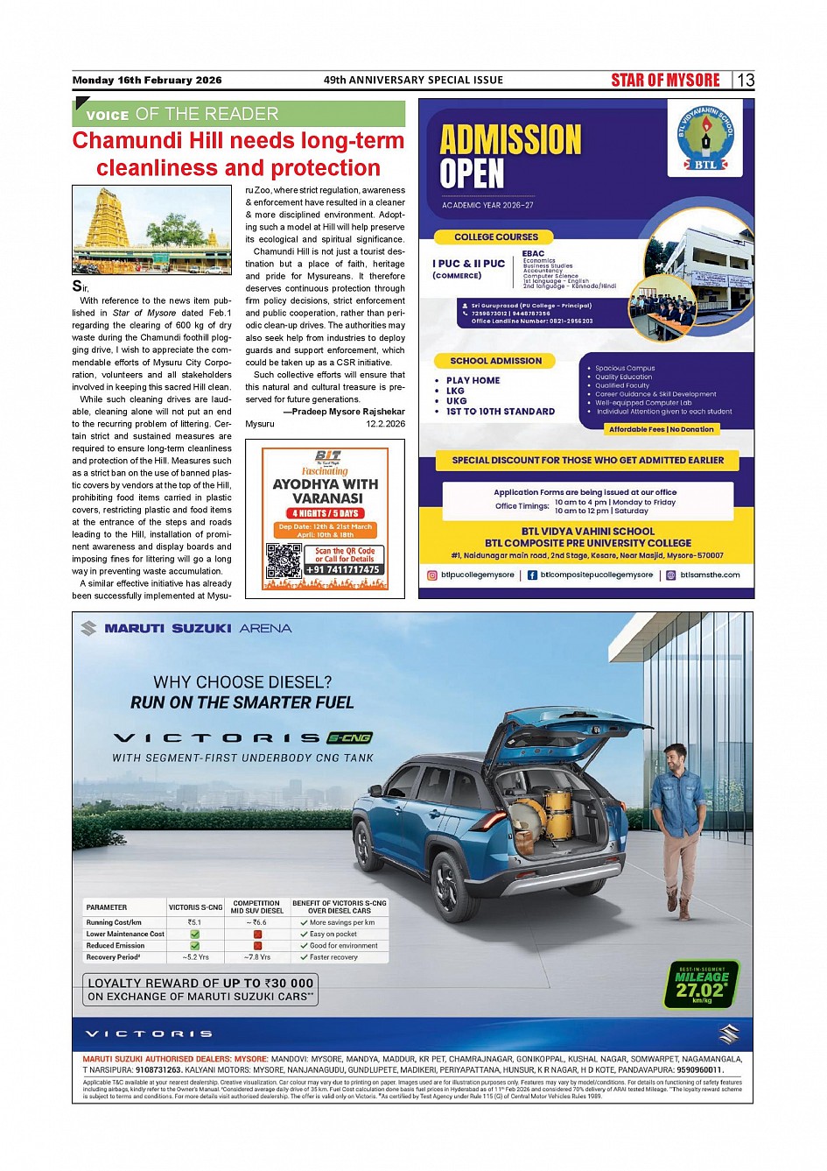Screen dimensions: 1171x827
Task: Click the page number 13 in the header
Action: click(x=746, y=81)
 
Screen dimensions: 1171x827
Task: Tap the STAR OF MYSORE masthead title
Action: click(x=665, y=81)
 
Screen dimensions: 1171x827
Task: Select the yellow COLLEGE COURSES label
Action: click(x=496, y=237)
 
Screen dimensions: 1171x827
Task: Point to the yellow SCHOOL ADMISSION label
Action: click(x=495, y=361)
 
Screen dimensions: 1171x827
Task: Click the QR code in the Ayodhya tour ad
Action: click(x=284, y=561)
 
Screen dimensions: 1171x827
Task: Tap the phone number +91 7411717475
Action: click(x=343, y=570)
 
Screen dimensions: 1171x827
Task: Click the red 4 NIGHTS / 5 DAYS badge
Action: click(x=326, y=513)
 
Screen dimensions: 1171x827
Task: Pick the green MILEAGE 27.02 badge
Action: click(x=703, y=984)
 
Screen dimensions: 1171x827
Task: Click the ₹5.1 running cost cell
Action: click(x=194, y=922)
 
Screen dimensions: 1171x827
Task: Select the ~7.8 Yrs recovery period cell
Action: click(x=256, y=957)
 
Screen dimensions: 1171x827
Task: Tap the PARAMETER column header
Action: click(x=107, y=907)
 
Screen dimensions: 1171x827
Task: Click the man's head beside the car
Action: click(x=674, y=758)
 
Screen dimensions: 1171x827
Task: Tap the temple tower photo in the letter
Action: click(x=151, y=229)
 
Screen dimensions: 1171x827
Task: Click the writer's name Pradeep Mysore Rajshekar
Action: click(x=347, y=412)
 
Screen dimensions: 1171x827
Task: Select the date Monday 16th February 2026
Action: click(x=147, y=81)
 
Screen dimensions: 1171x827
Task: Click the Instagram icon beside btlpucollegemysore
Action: click(x=431, y=575)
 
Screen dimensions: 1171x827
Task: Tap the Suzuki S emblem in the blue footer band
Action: click(x=728, y=1034)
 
